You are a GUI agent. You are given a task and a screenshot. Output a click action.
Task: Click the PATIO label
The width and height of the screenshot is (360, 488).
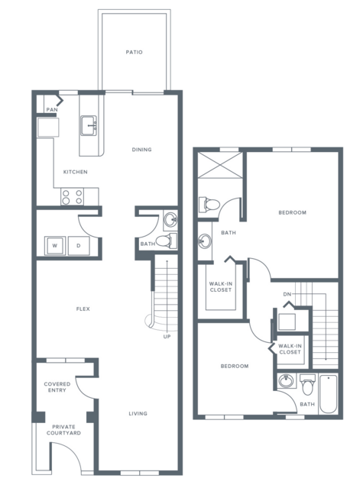pos(135,52)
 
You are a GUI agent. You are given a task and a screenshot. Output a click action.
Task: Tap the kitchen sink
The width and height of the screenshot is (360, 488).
pos(89,126)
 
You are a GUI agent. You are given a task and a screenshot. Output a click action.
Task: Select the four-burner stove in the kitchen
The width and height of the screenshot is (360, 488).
pos(73,197)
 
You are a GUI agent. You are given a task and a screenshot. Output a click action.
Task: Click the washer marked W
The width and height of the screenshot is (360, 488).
pos(55,246)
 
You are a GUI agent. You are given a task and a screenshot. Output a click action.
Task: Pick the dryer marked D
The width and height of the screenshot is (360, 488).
pos(79,246)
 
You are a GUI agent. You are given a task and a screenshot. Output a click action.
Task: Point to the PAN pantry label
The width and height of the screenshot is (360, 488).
pos(52,110)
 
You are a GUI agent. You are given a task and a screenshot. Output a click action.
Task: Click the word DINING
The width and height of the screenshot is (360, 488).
pos(141,150)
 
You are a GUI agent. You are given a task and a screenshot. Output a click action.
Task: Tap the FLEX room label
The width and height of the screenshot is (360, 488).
pos(83,309)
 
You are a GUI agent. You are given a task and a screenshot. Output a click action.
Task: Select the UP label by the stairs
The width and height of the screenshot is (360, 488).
pos(167,337)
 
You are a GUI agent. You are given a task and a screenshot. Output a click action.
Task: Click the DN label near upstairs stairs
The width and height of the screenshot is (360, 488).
pos(287,295)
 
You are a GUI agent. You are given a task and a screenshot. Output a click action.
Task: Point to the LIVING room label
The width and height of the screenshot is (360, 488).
pos(138,414)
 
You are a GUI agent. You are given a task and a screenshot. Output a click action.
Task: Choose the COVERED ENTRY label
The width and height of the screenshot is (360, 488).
pos(57,387)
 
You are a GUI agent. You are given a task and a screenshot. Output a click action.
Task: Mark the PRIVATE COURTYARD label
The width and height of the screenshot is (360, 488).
pos(63,430)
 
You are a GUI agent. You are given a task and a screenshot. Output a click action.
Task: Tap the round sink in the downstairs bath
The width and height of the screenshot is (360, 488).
pos(170,219)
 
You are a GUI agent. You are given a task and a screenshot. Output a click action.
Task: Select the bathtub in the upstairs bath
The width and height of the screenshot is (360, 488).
pos(329,394)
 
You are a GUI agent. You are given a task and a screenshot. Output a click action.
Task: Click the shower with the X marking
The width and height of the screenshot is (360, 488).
pos(220,165)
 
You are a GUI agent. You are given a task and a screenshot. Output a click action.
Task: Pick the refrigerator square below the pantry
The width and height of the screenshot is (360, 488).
pos(48,128)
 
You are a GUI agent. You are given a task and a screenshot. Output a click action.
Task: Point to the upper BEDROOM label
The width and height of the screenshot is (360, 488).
pos(293,213)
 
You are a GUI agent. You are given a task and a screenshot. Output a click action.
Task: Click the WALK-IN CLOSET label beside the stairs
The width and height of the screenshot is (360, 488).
pos(290,349)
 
